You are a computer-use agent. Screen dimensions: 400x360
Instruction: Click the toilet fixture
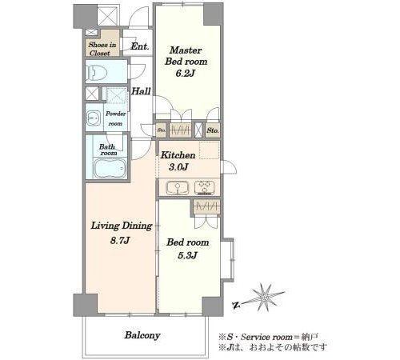tap(97, 72)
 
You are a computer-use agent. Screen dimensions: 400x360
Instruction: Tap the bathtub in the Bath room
tap(110, 168)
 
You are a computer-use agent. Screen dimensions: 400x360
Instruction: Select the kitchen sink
tap(178, 187)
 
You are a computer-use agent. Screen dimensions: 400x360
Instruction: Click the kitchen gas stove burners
tap(204, 187)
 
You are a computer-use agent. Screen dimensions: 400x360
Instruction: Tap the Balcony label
tap(142, 335)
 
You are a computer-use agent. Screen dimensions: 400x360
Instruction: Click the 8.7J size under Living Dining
tap(120, 241)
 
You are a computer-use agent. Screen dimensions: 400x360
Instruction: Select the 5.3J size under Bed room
tap(187, 255)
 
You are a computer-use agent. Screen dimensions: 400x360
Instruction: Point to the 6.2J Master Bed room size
tap(186, 73)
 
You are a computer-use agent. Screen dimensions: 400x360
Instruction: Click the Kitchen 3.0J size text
tap(178, 167)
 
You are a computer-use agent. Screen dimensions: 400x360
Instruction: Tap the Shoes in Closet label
tap(102, 49)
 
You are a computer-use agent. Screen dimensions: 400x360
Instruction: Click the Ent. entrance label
tap(140, 46)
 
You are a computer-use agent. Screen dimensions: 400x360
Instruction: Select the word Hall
tap(142, 91)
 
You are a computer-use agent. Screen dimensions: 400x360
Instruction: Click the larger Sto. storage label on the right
tap(213, 130)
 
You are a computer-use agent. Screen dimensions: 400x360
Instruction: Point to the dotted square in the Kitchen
tap(209, 150)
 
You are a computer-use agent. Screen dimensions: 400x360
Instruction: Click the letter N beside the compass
tap(235, 305)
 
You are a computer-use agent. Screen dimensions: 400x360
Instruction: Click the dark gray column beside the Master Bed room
tap(214, 14)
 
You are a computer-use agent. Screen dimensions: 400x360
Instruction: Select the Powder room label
tap(115, 118)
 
